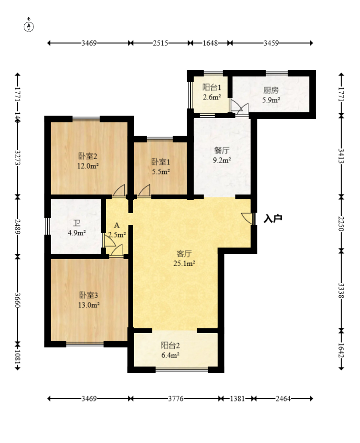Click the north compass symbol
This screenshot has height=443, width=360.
point(29,26)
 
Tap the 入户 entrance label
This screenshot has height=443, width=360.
point(273,218)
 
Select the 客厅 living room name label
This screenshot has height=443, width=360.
point(184,253)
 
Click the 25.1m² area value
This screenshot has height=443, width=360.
point(184,263)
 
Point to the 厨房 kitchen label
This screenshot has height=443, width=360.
point(271,90)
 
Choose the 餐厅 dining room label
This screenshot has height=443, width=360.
point(222,151)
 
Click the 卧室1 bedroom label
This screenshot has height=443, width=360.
point(160,162)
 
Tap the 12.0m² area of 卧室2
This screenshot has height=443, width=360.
point(88,166)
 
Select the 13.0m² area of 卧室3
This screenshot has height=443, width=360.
point(89,305)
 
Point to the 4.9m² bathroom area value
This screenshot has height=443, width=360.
point(76,233)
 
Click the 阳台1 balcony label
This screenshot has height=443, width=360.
point(212,87)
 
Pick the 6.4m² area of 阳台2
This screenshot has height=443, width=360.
point(170,355)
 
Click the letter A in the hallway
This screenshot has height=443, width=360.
point(117,226)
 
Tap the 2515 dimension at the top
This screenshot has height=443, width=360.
point(160,43)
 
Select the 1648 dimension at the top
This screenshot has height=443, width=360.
point(211,43)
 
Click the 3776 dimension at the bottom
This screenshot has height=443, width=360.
point(176,399)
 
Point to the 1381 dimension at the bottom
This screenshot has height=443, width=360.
point(237,399)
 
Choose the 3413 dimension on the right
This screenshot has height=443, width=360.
point(341,156)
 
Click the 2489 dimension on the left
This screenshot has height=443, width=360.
point(18,227)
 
